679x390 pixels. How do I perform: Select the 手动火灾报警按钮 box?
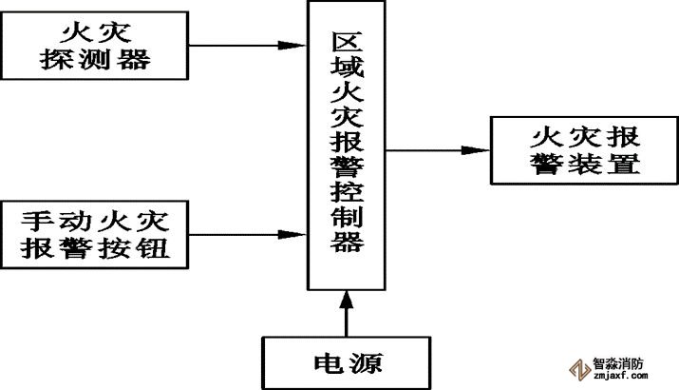[98, 233]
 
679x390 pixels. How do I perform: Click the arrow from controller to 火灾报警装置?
[437, 149]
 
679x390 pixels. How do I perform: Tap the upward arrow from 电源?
[349, 314]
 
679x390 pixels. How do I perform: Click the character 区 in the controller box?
[349, 44]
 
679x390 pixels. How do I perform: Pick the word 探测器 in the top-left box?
[97, 61]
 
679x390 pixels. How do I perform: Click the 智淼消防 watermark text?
[620, 362]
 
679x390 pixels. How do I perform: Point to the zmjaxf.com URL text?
[620, 376]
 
